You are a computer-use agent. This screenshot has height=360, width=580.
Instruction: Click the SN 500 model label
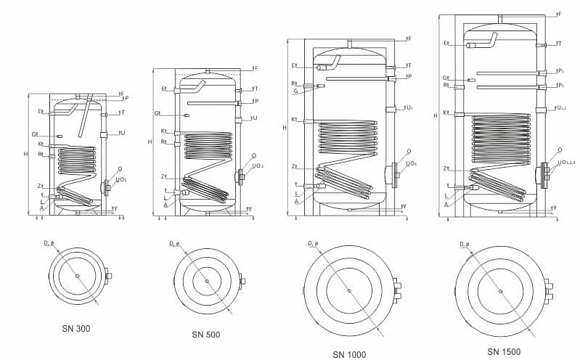206,335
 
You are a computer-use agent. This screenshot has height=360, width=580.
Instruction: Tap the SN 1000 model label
349,353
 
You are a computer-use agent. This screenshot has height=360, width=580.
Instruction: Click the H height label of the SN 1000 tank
285,127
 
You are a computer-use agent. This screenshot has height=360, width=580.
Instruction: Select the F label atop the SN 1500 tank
558,13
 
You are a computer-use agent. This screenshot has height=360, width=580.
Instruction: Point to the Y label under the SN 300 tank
116,208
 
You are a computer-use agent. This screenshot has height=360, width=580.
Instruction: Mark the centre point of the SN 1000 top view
349,290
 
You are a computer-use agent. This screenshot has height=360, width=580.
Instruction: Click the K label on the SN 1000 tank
294,119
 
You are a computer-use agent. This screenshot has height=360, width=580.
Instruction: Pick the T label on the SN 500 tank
255,89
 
